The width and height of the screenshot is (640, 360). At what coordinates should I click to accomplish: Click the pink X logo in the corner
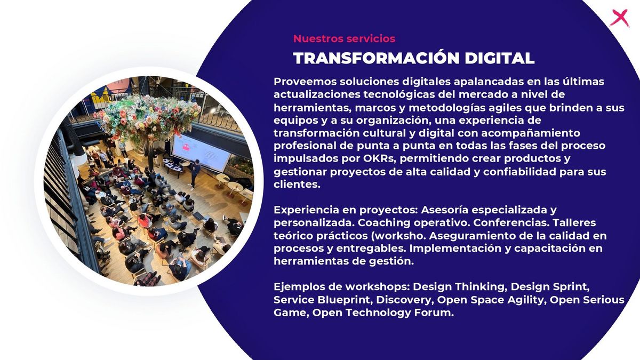point(620,18)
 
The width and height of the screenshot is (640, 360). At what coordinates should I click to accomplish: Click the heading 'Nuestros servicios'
point(344,38)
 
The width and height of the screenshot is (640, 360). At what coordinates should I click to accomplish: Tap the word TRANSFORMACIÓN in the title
point(377,58)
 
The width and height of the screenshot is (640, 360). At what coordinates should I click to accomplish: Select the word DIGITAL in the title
point(499,58)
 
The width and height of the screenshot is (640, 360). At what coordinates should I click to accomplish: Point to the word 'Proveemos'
point(305,82)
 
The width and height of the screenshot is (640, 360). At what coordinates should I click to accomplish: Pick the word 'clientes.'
point(297,184)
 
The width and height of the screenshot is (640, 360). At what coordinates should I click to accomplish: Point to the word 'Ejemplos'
point(299,286)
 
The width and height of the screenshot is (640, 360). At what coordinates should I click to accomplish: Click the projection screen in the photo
point(201,153)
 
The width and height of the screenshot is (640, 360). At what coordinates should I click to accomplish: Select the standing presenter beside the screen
point(194,174)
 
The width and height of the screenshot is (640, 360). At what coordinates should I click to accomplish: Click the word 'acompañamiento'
point(531,133)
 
